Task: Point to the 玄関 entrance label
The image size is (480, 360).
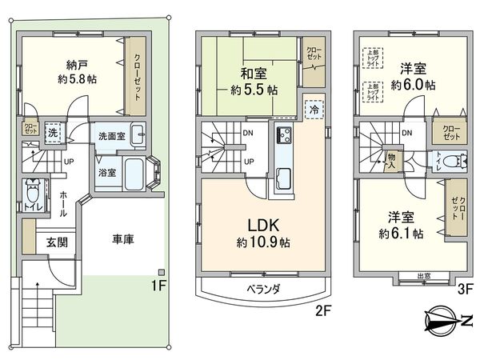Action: [x=55, y=242]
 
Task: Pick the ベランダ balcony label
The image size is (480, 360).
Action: [x=257, y=289]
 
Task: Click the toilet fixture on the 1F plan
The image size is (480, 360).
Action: [x=34, y=194]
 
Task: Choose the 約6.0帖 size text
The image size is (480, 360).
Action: [x=408, y=84]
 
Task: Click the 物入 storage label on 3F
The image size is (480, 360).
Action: [x=391, y=160]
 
